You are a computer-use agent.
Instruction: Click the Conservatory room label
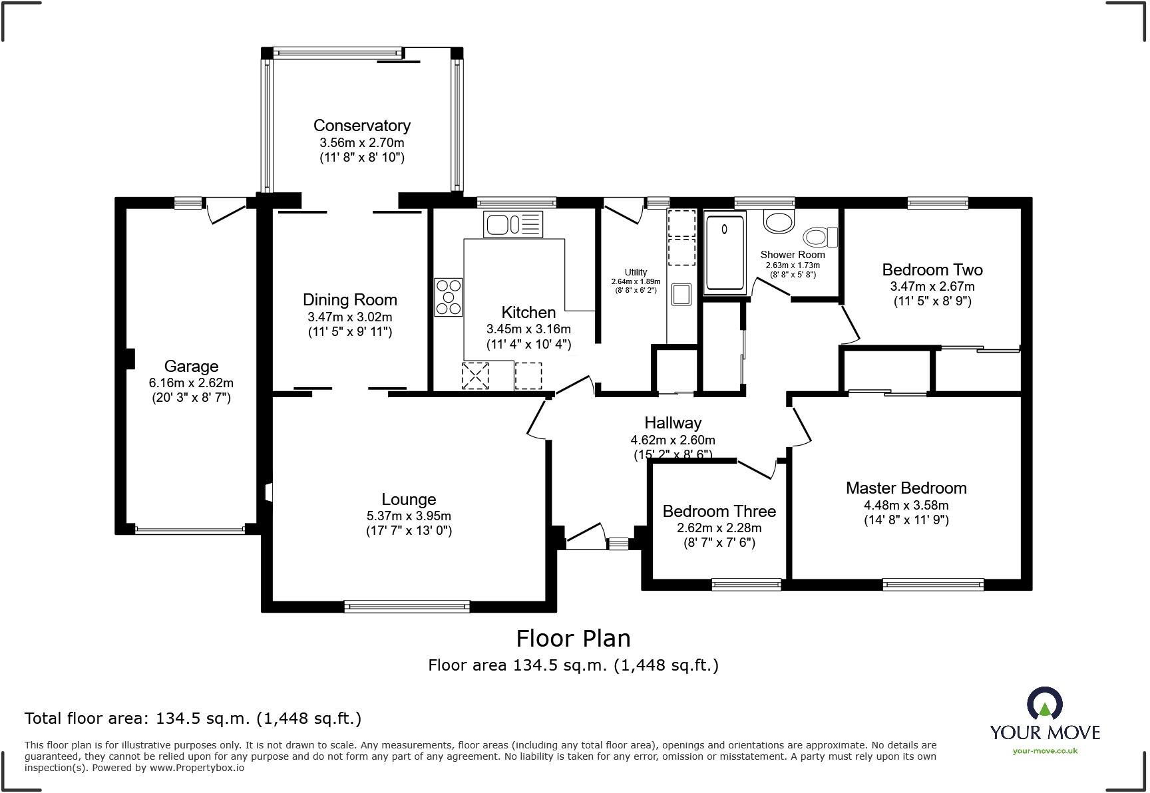click(x=362, y=125)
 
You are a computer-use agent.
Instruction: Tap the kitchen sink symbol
click(x=513, y=224)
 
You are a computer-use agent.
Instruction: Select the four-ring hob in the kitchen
click(x=449, y=297)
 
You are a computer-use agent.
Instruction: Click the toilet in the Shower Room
click(x=821, y=237)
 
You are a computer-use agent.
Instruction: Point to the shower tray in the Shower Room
click(x=725, y=253)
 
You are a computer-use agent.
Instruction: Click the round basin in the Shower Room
click(x=779, y=222)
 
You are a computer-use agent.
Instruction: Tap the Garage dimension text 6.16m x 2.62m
click(x=191, y=383)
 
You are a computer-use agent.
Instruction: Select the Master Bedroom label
click(x=906, y=488)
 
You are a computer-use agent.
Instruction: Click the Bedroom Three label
click(x=719, y=511)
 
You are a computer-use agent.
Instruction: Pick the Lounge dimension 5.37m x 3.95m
click(x=409, y=516)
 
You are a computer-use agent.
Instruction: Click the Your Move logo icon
click(x=1044, y=705)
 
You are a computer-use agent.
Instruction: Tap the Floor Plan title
click(x=574, y=639)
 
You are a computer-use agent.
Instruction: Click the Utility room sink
click(x=681, y=294)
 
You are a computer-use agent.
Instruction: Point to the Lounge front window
click(x=407, y=606)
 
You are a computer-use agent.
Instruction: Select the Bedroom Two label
click(x=932, y=269)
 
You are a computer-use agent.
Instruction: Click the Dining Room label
click(x=350, y=299)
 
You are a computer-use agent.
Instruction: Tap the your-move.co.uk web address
click(x=1045, y=751)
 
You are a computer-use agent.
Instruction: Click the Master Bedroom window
click(x=933, y=585)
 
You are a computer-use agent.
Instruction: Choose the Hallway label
click(x=673, y=422)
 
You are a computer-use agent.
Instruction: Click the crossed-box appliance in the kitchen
click(x=475, y=376)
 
